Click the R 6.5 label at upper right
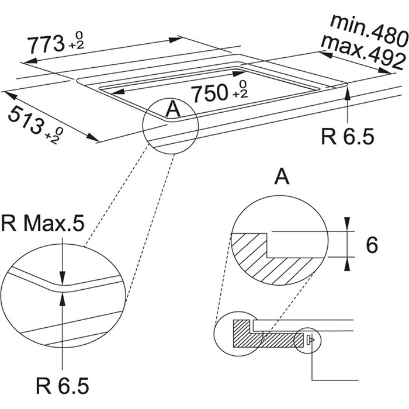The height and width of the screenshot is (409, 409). click(347, 136)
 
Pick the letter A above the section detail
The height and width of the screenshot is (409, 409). click(282, 175)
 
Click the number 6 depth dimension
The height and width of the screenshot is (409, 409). click(372, 245)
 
